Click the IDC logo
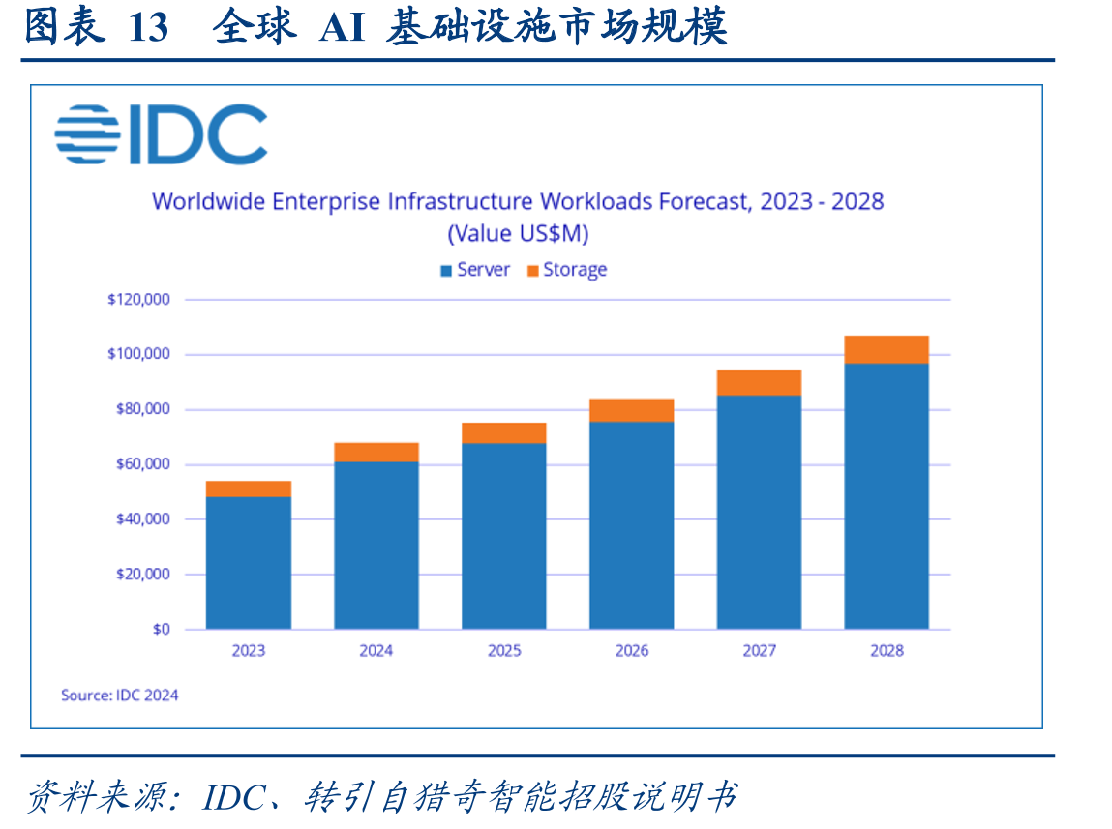(x=161, y=134)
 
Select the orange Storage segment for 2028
(x=887, y=349)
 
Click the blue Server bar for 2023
(x=248, y=563)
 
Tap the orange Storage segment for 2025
(x=503, y=433)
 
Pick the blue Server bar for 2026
(x=631, y=525)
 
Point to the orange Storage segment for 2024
(x=376, y=452)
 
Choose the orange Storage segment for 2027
(x=759, y=383)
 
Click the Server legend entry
(x=475, y=270)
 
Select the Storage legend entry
(x=567, y=270)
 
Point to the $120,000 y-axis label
(x=139, y=300)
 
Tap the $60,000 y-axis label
(x=143, y=464)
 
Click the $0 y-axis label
(x=162, y=629)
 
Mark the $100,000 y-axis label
(x=139, y=354)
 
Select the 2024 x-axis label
(x=376, y=650)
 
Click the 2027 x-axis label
(x=759, y=650)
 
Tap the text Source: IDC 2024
(x=119, y=696)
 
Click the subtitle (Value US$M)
(x=518, y=234)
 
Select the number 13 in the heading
(x=148, y=28)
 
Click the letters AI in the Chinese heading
(x=342, y=28)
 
